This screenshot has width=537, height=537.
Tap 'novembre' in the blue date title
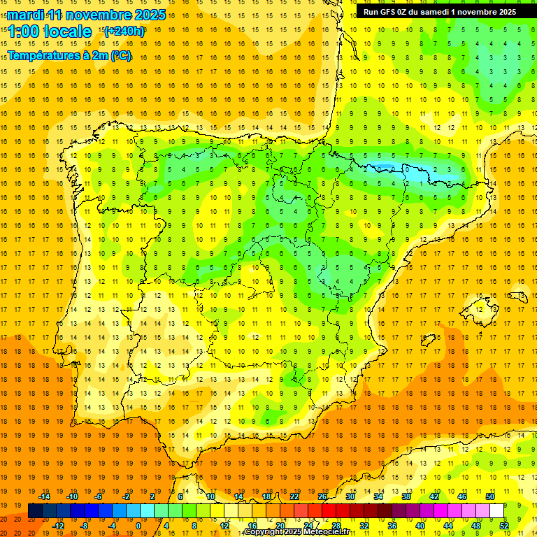click(99, 15)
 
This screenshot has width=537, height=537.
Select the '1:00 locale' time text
click(50, 31)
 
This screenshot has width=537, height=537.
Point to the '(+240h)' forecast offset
click(124, 31)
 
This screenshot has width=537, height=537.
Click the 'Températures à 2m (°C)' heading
click(69, 56)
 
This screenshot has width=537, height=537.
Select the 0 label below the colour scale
click(138, 526)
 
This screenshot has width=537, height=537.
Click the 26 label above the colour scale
click(322, 496)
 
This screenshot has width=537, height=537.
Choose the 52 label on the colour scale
click(504, 526)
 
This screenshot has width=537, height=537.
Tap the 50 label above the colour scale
click(489, 496)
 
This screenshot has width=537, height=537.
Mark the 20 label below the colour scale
click(280, 526)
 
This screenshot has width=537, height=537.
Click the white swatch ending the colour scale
click(496, 511)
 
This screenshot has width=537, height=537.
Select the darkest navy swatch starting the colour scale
click(35, 511)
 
